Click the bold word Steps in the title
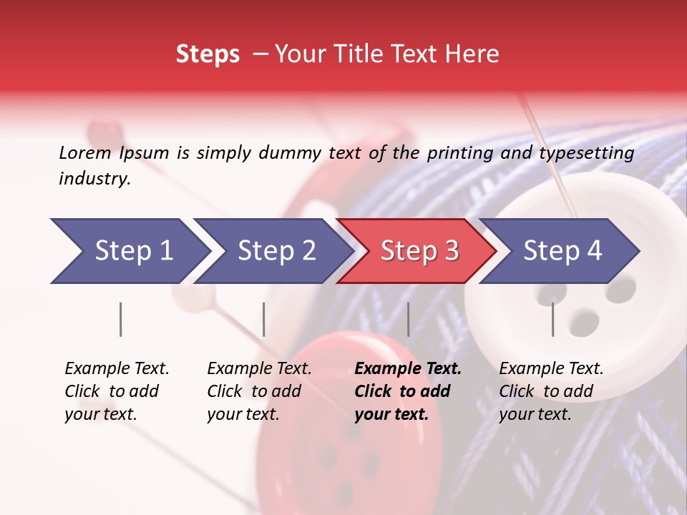coord(208,54)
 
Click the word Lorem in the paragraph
coord(85,152)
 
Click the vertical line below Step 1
coord(121,319)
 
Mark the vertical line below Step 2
coord(264,319)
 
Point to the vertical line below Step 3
coord(409,319)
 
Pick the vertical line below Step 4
coord(553,319)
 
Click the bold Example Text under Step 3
coord(408,369)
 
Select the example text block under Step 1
coord(117,391)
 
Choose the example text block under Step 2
coord(259,391)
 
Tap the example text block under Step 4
coord(551,391)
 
